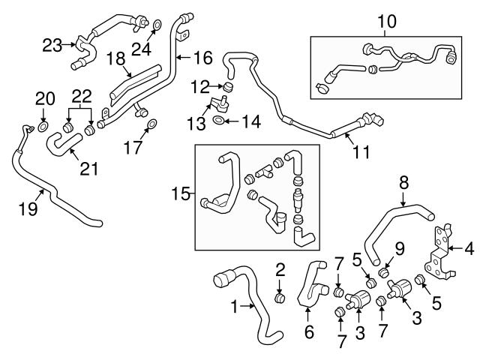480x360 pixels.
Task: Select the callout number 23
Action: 52,45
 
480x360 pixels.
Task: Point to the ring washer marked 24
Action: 155,28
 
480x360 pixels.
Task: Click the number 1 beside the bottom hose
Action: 235,306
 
